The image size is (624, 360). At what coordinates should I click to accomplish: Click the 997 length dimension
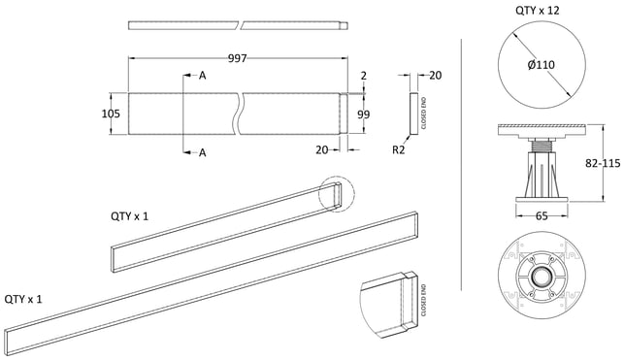tap(238, 58)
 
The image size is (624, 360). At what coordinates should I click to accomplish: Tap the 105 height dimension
tap(111, 114)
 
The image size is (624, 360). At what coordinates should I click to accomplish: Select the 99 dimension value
tap(363, 115)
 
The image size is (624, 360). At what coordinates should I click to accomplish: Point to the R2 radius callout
tap(398, 150)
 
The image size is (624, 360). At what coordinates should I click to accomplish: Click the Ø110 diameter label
tap(542, 65)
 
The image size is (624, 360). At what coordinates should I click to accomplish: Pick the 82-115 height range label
tap(603, 163)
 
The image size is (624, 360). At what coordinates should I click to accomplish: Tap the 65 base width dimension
tap(542, 216)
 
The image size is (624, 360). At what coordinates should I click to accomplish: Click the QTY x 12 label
tap(538, 11)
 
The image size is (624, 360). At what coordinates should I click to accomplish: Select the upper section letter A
tap(203, 75)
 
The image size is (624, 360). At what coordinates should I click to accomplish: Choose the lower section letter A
tap(203, 152)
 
